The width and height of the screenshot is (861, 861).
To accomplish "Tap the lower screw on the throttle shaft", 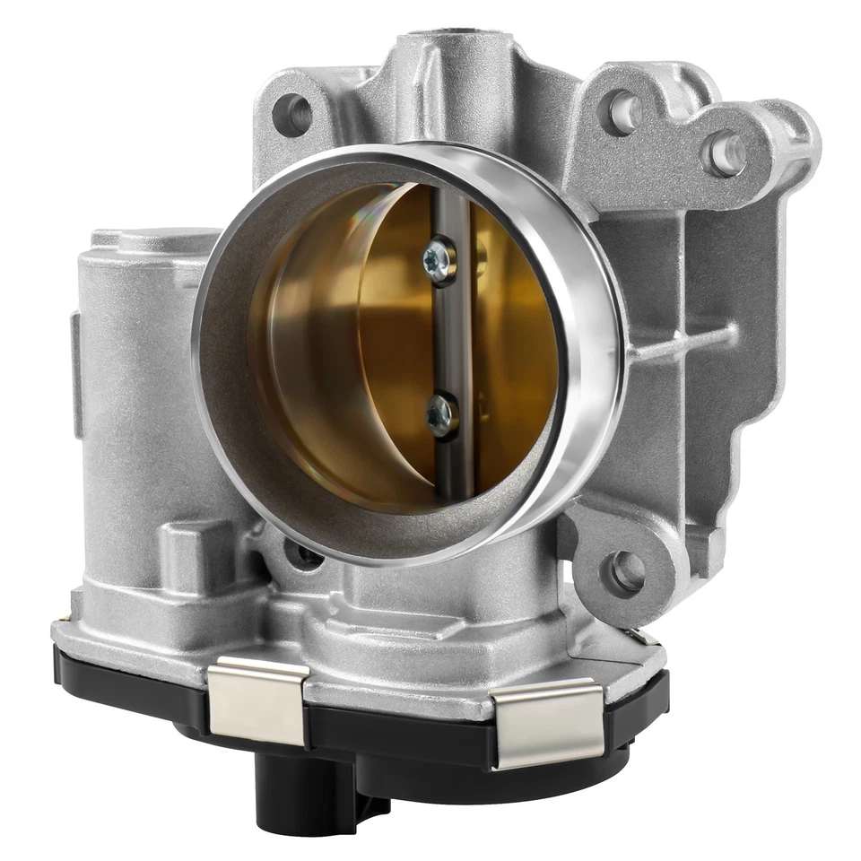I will (441, 414).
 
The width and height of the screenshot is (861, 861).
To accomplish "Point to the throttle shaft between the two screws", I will (451, 336).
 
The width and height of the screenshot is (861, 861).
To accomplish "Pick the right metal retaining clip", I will (547, 722).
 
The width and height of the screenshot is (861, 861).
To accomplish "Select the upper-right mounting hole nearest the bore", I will (623, 111).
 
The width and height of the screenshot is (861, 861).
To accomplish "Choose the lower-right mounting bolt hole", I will (626, 570).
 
